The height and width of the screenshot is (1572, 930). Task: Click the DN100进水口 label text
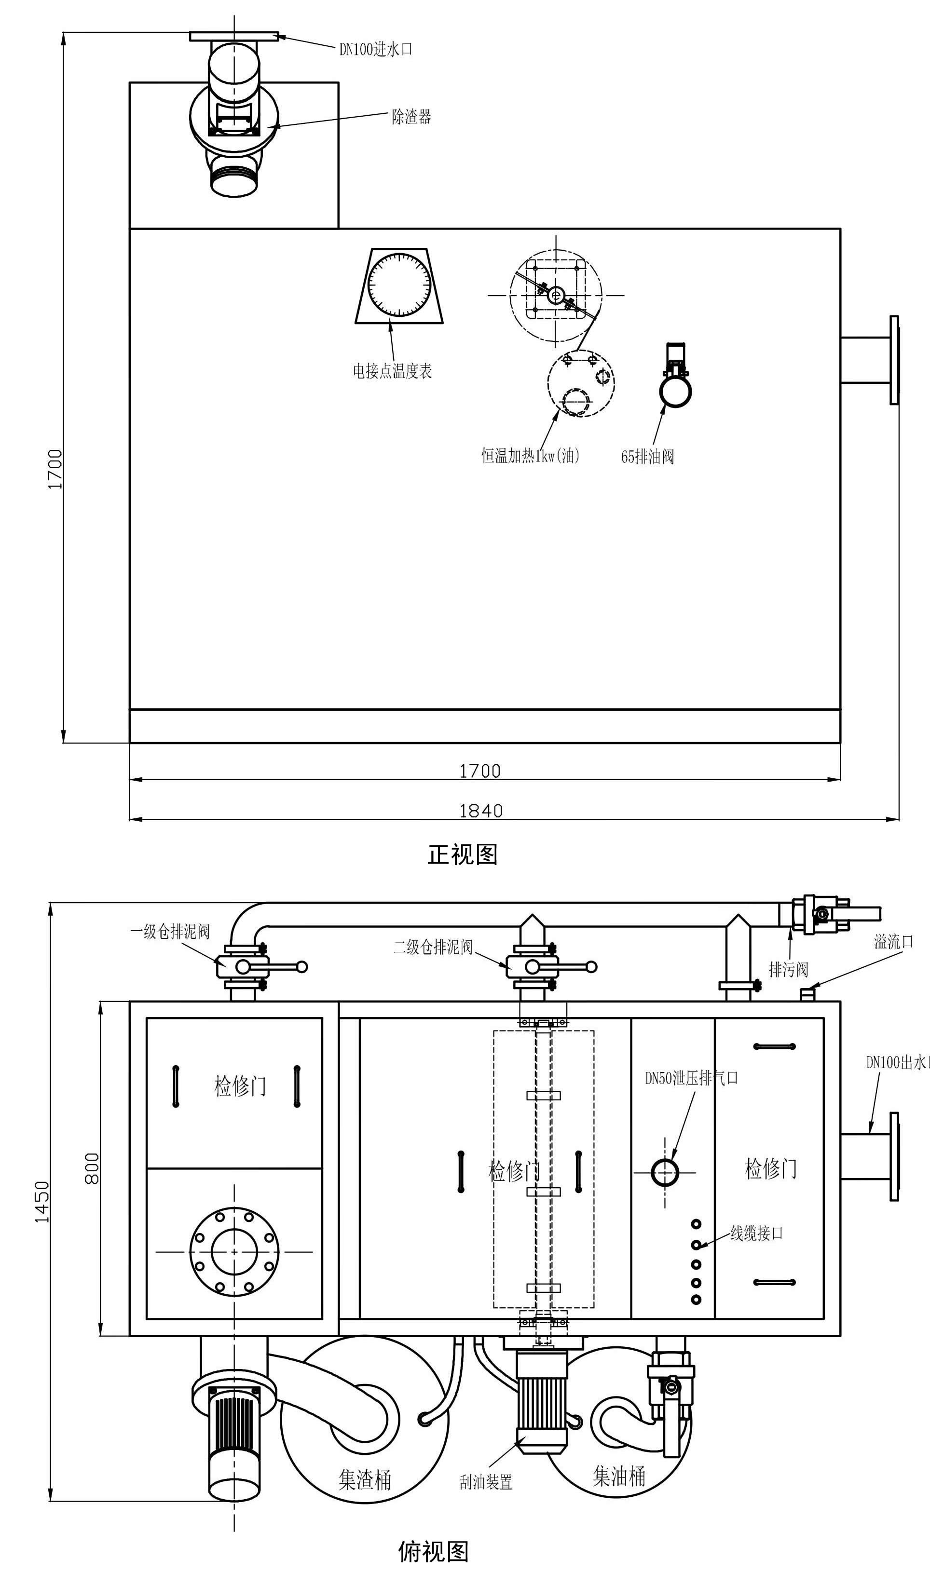pyautogui.click(x=375, y=50)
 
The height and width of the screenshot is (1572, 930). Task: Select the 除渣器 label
pyautogui.click(x=411, y=117)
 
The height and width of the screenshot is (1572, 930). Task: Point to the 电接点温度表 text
pyautogui.click(x=392, y=371)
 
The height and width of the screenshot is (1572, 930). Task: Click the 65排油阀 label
pyautogui.click(x=647, y=457)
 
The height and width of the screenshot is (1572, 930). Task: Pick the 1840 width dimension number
pyautogui.click(x=480, y=811)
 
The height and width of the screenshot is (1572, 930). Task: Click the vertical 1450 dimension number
pyautogui.click(x=41, y=1202)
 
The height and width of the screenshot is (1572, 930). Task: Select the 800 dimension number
pyautogui.click(x=92, y=1168)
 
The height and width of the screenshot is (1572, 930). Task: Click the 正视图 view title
pyautogui.click(x=463, y=854)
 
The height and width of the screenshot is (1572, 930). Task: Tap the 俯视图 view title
pyautogui.click(x=433, y=1551)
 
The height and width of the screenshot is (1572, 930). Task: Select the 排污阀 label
pyautogui.click(x=788, y=970)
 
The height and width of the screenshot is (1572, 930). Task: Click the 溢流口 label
pyautogui.click(x=894, y=941)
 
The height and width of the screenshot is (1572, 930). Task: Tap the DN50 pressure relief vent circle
pyautogui.click(x=664, y=1172)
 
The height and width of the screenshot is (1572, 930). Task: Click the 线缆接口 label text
pyautogui.click(x=756, y=1234)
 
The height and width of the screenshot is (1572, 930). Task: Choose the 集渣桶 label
pyautogui.click(x=365, y=1479)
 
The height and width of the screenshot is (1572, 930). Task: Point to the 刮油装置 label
pyautogui.click(x=486, y=1482)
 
